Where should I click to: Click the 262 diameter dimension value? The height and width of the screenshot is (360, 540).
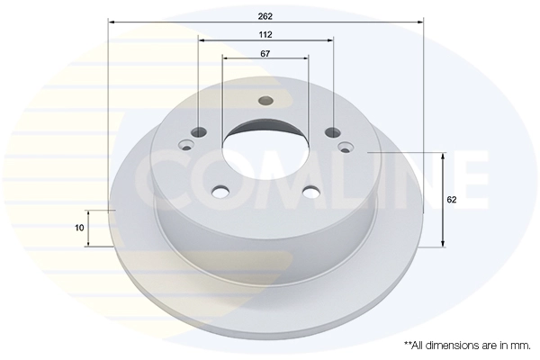coord(265,15)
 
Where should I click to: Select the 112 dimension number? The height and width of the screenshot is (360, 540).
coord(265,34)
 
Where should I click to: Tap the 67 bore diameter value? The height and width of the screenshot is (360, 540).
coord(265,54)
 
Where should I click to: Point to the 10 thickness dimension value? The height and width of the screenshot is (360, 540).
coord(80,228)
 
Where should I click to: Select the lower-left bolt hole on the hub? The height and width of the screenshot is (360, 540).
coord(220,190)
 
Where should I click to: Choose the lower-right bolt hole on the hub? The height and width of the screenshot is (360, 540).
coord(311,190)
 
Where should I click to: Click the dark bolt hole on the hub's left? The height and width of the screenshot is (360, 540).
coord(198,132)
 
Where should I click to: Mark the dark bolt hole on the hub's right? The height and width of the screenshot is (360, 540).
coord(333,132)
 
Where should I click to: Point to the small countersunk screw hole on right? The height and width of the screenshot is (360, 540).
coord(346,145)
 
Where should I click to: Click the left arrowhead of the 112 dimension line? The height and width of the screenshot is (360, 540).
coord(202,40)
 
